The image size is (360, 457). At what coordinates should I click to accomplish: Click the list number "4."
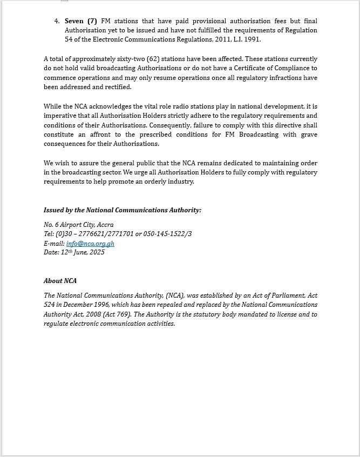tap(57, 21)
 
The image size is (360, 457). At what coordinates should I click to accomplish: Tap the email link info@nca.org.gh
tap(90, 244)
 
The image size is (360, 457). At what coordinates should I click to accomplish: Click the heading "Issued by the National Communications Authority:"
tap(122, 210)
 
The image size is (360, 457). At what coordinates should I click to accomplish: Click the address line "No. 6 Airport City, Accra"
tap(79, 225)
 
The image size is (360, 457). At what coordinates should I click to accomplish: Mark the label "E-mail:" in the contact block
tap(54, 244)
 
